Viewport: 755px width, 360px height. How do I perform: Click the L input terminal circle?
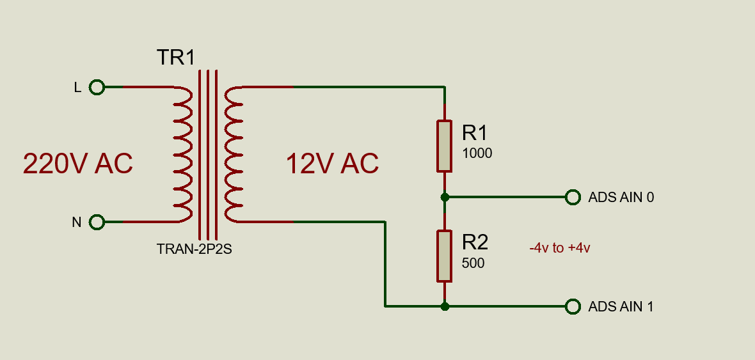point(97,87)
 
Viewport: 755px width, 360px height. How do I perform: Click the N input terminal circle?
point(97,222)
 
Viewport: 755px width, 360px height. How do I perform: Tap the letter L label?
point(77,88)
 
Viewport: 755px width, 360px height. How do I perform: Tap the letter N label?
point(77,223)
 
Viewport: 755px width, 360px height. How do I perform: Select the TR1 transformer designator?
point(175,58)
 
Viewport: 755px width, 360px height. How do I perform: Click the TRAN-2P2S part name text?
point(194,249)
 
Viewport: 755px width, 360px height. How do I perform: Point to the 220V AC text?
point(77,164)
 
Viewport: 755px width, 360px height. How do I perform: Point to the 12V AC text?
point(332,164)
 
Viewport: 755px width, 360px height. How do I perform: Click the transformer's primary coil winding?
point(182,154)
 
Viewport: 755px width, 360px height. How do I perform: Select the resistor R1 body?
point(445,146)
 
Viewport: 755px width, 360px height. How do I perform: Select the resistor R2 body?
point(445,256)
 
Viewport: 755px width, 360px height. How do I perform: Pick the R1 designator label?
point(475,132)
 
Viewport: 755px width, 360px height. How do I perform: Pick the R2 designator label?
point(475,242)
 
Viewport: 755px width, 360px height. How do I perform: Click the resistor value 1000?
point(477,153)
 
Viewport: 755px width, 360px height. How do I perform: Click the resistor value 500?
point(473,263)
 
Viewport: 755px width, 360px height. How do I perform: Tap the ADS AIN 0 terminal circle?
point(573,197)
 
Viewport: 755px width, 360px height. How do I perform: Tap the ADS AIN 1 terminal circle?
point(573,306)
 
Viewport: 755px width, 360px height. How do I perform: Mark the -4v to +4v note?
point(559,248)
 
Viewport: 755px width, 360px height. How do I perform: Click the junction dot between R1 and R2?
point(445,197)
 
